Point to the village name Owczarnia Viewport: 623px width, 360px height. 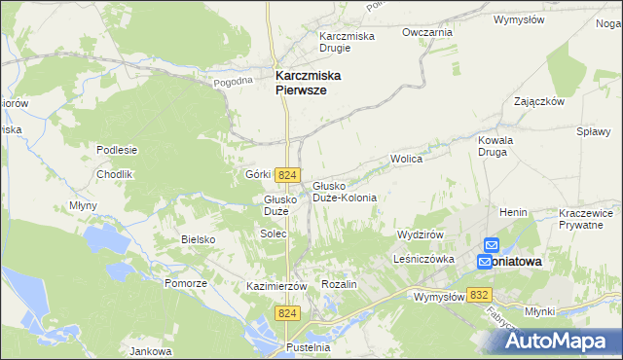pyautogui.click(x=427, y=32)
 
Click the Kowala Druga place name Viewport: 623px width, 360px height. pyautogui.click(x=495, y=146)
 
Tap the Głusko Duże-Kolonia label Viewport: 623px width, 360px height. pyautogui.click(x=344, y=191)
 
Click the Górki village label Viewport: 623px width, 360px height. pyautogui.click(x=257, y=174)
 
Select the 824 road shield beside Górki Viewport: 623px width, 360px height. pyautogui.click(x=286, y=174)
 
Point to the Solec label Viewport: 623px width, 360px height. pyautogui.click(x=272, y=234)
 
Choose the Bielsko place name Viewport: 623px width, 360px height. pyautogui.click(x=197, y=238)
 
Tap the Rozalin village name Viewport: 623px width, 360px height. pyautogui.click(x=340, y=283)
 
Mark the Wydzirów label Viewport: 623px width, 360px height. pyautogui.click(x=421, y=235)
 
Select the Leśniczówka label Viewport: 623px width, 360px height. pyautogui.click(x=424, y=260)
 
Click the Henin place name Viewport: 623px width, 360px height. pyautogui.click(x=513, y=212)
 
